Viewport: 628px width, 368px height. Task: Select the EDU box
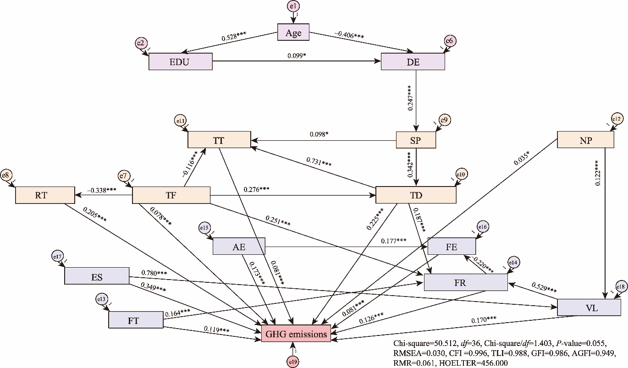coord(181,61)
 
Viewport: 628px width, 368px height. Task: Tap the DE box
coord(413,61)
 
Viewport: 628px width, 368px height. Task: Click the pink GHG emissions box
coord(296,334)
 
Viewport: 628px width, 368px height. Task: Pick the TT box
coord(219,140)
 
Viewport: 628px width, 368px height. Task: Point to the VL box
coord(591,307)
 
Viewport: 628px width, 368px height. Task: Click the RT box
coord(45,195)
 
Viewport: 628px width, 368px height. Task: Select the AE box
coord(239,247)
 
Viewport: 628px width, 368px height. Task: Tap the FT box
coord(136,319)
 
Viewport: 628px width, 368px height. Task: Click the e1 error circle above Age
coord(293,6)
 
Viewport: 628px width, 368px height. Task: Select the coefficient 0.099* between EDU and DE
coord(297,56)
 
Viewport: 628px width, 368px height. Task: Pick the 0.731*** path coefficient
coord(319,162)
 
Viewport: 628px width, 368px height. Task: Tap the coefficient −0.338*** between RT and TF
coord(104,189)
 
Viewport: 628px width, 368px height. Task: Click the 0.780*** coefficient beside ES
coord(154,274)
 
